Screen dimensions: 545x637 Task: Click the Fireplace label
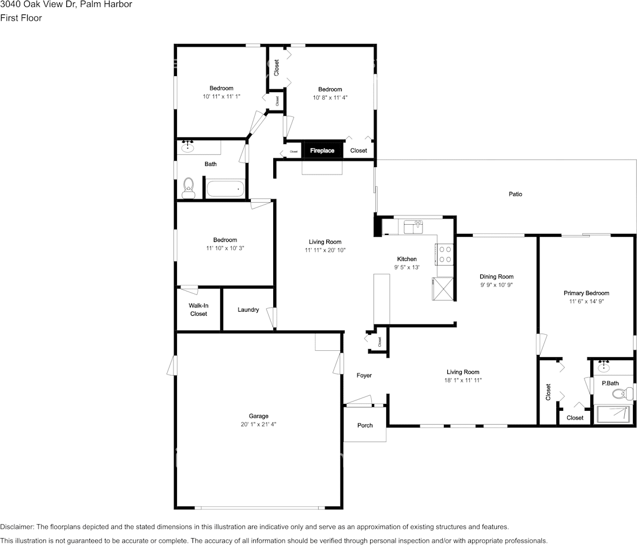coord(322,150)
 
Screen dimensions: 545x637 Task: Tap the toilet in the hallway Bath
coord(188,188)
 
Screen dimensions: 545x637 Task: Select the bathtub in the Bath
coord(225,188)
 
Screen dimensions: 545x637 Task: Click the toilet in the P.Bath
coord(621,394)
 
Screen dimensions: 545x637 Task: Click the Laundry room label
coord(248,310)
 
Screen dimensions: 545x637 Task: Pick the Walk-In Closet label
coord(199,310)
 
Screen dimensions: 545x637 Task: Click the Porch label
coord(365,426)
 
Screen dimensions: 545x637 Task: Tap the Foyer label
coord(364,376)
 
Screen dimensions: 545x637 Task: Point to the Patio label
coord(515,195)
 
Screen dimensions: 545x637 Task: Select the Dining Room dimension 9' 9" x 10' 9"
coord(496,285)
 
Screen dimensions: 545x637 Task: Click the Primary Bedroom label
coord(586,293)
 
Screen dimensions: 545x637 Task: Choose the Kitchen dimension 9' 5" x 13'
coord(406,267)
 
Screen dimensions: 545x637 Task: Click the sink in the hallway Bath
coord(188,147)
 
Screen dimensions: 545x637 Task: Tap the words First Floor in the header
coord(21,18)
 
